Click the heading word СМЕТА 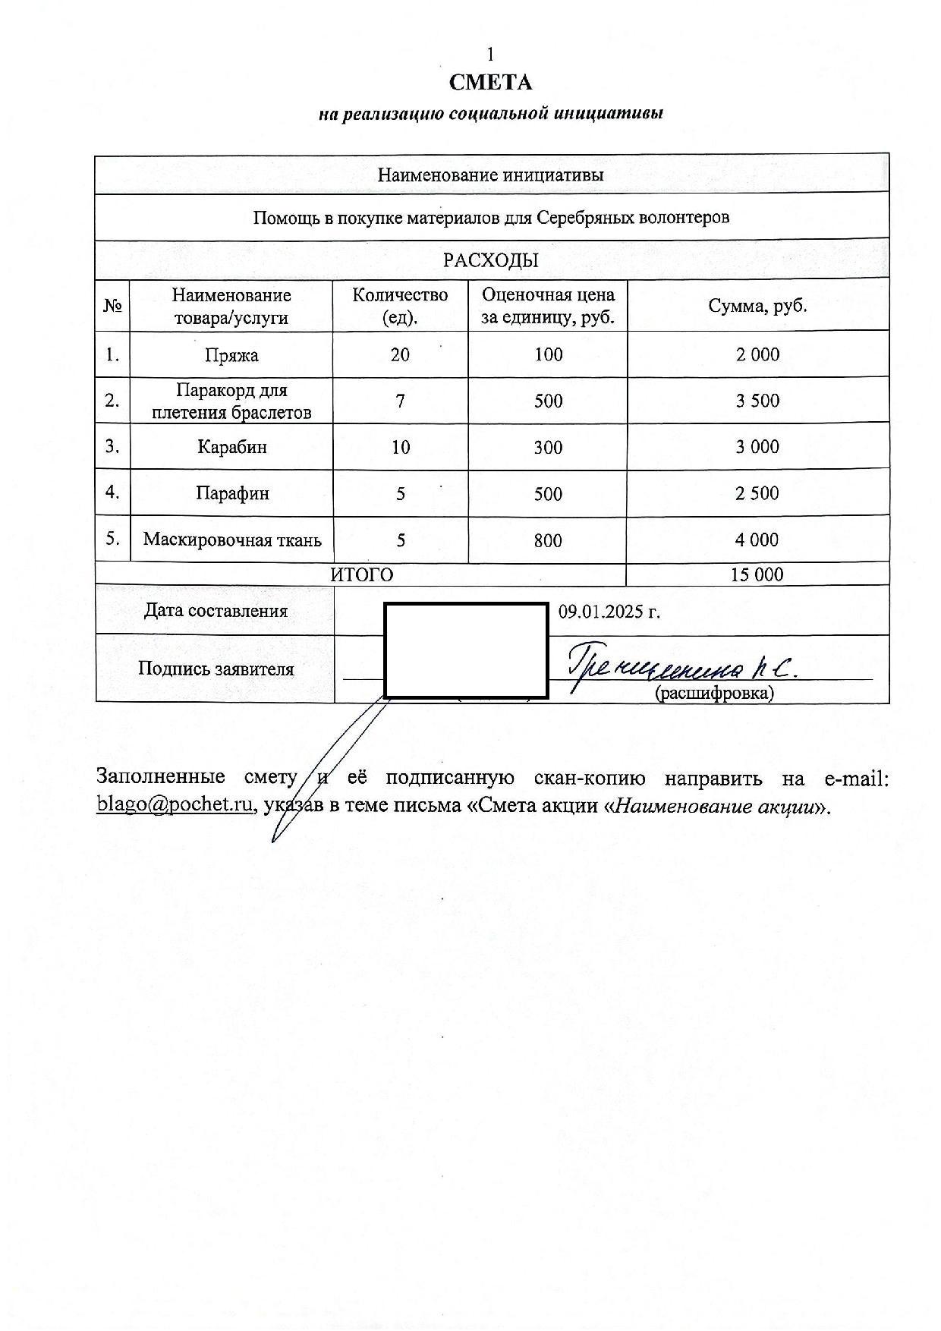[490, 82]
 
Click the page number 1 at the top [490, 54]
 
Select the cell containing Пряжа [231, 355]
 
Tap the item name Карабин [231, 447]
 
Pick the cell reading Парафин [231, 494]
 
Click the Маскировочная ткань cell [232, 540]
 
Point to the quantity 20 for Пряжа [400, 354]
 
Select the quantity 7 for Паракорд [400, 401]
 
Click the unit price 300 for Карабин [548, 448]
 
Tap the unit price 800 [548, 541]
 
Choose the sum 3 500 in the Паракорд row [757, 401]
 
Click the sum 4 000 [757, 540]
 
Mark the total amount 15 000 [757, 574]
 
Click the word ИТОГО [362, 575]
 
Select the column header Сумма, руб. [757, 306]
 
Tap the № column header [112, 306]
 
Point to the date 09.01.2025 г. [609, 612]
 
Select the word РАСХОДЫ [490, 261]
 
